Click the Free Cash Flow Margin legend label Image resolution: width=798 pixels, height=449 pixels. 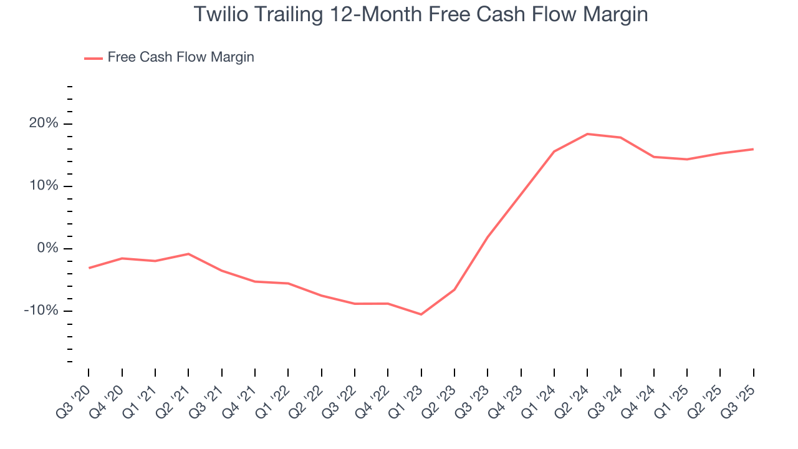[x=181, y=57]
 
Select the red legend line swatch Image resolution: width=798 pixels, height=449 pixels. [x=93, y=58]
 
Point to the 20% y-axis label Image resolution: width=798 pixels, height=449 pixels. [x=44, y=123]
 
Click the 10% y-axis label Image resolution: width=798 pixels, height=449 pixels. [x=44, y=186]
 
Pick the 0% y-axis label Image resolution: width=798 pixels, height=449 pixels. [x=47, y=248]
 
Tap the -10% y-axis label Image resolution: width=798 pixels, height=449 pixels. [x=41, y=311]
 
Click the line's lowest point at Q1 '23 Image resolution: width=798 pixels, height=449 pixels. [x=421, y=314]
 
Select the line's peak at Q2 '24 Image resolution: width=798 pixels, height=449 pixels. [x=587, y=133]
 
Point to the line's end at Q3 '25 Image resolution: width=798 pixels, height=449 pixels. [x=753, y=149]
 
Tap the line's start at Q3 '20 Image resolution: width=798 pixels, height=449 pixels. [x=89, y=268]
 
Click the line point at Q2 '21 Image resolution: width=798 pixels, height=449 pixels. [x=188, y=254]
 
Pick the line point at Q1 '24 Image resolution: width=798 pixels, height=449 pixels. [x=554, y=151]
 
